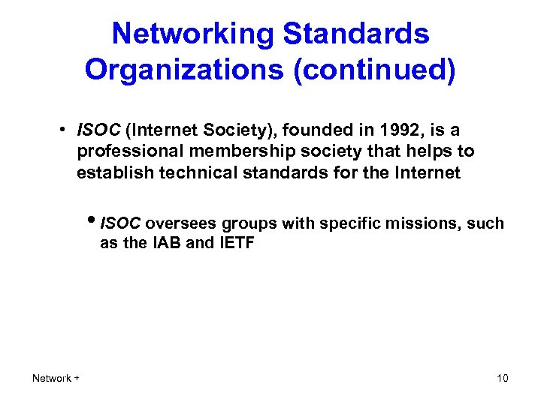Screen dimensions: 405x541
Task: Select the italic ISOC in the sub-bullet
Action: coord(120,223)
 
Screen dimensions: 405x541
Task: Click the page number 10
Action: coord(502,378)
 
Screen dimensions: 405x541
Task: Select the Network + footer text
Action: coord(56,378)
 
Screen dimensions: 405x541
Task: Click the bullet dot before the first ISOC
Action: coord(67,130)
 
